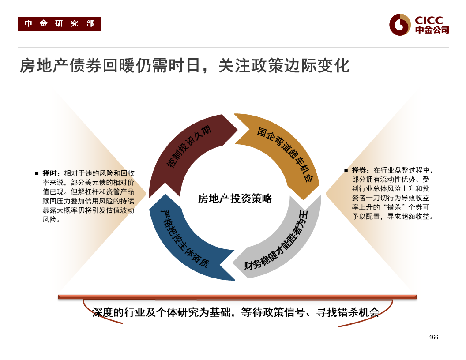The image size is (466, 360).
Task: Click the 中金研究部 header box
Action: tap(59, 24)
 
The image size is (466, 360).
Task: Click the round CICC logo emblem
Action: tap(400, 24)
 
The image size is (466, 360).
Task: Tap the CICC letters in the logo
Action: tap(428, 20)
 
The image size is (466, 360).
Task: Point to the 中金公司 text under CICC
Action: tap(432, 30)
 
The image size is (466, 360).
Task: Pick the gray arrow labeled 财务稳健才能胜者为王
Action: tap(278, 243)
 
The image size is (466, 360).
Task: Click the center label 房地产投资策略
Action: tap(235, 199)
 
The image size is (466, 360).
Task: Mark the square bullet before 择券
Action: tap(346, 170)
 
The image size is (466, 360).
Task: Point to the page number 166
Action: tap(433, 337)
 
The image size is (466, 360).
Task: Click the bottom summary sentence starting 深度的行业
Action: tap(236, 312)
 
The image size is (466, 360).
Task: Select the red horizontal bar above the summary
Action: tap(237, 297)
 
